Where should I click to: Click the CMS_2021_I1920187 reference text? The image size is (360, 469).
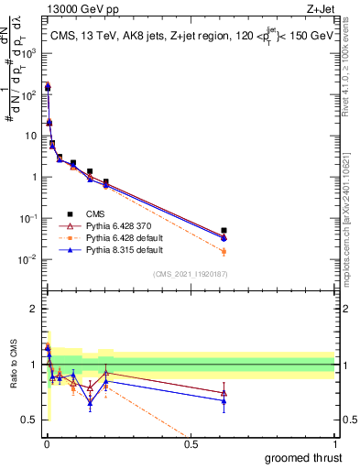point(190,274)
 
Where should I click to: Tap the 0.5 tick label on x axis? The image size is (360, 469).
point(191,443)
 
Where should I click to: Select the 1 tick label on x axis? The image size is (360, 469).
point(334,443)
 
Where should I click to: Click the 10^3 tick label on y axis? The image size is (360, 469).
point(28,53)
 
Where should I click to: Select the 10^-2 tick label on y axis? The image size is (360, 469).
point(28,259)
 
